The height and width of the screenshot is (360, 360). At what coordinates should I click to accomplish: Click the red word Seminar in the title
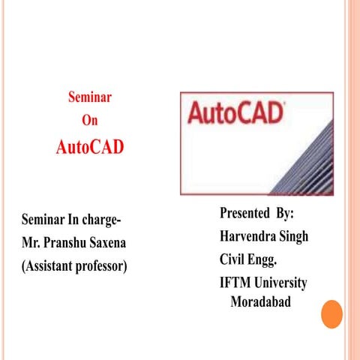90,97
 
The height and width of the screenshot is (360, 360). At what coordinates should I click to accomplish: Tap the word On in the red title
89,120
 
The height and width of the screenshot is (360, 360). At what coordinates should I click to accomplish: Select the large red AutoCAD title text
90,146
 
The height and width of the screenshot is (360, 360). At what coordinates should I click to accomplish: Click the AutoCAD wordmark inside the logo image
235,114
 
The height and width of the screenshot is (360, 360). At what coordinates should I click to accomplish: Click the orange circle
331,314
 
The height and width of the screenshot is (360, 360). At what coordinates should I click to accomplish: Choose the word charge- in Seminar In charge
100,220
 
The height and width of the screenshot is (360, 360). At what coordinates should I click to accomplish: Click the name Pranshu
67,244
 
